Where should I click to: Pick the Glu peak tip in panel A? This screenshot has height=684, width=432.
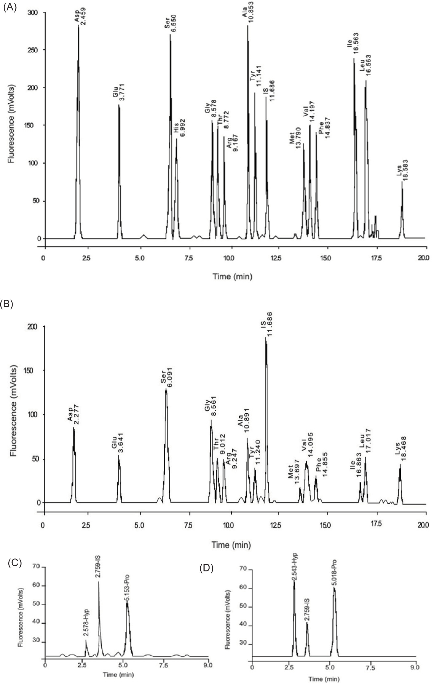click(x=119, y=105)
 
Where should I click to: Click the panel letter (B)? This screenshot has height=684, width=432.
click(x=7, y=304)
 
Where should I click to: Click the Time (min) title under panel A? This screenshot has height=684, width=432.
click(x=233, y=276)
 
